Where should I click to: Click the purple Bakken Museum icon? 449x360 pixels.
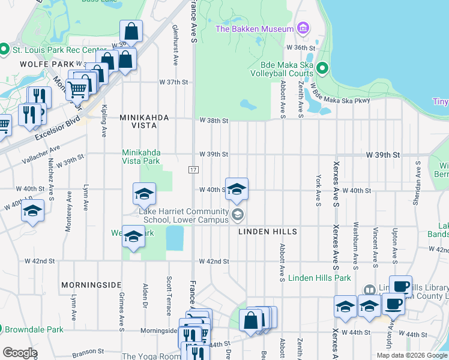pos(303,29)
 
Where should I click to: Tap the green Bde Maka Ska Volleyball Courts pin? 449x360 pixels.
pos(322,68)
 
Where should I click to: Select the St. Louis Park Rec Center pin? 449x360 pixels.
pos(4,49)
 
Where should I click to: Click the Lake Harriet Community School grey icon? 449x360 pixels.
pos(238,214)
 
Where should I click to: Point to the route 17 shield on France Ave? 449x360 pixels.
pos(194,170)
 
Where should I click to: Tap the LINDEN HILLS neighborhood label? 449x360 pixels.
pos(268,231)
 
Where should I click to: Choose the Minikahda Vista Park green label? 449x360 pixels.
pos(141,157)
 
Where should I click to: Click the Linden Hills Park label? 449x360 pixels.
pos(319,278)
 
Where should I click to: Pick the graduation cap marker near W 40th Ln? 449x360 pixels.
pos(32,211)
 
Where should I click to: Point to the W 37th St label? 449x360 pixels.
pos(173,82)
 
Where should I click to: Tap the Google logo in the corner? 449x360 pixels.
pos(20,353)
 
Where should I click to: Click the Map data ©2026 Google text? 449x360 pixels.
pos(412,355)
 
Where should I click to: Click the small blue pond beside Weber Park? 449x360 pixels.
pos(174,238)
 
